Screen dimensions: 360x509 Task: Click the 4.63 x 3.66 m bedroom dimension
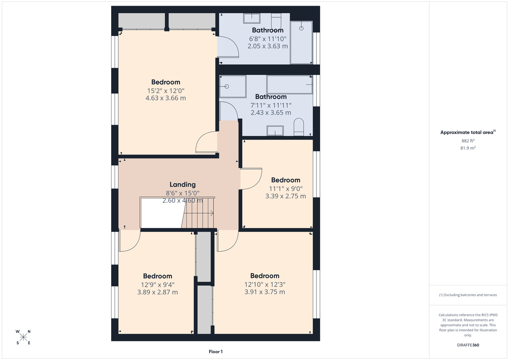pyautogui.click(x=165, y=98)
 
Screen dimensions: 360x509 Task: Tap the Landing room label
pyautogui.click(x=182, y=184)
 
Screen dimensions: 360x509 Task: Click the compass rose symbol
pyautogui.click(x=23, y=337)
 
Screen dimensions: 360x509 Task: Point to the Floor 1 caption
pyautogui.click(x=215, y=352)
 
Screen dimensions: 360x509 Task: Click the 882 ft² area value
pyautogui.click(x=468, y=141)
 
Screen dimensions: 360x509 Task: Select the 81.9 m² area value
pyautogui.click(x=468, y=148)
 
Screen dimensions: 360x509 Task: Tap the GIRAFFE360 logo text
pyautogui.click(x=468, y=345)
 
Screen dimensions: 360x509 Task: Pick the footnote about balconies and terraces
pyautogui.click(x=468, y=295)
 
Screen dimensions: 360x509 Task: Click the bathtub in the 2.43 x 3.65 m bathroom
pyautogui.click(x=289, y=84)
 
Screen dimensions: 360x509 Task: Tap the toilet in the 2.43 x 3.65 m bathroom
pyautogui.click(x=299, y=127)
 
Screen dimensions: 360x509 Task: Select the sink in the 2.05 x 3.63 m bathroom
pyautogui.click(x=252, y=18)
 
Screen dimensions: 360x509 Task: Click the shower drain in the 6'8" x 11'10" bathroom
pyautogui.click(x=302, y=28)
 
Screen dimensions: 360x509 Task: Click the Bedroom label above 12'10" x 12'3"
pyautogui.click(x=265, y=276)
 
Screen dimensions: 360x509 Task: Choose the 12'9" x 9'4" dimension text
pyautogui.click(x=157, y=285)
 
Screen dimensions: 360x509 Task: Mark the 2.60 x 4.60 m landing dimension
pyautogui.click(x=182, y=201)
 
